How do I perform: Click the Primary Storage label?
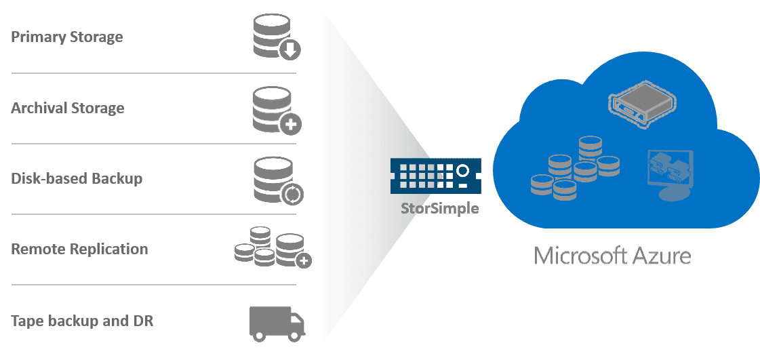66,37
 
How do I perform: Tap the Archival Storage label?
67,108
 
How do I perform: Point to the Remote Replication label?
79,249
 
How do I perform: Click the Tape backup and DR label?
82,320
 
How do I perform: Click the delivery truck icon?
277,322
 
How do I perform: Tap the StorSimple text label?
439,208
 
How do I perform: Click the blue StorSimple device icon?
435,174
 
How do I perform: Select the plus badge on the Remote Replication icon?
304,260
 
